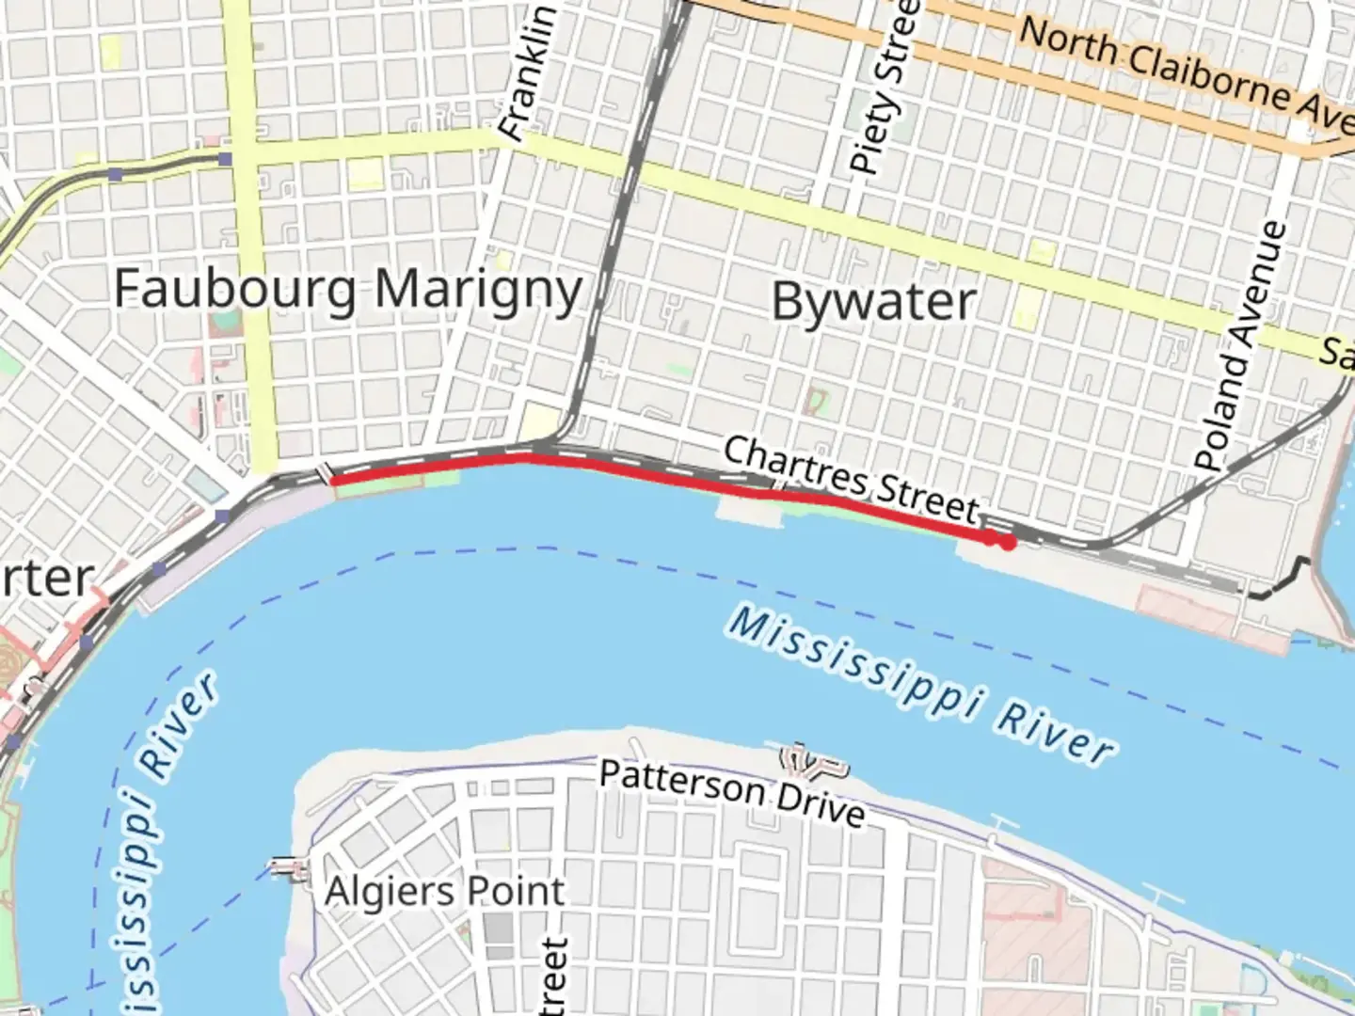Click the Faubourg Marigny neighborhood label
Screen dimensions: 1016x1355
(347, 289)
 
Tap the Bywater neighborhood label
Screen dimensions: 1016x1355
(874, 302)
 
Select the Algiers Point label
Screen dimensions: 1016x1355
(444, 892)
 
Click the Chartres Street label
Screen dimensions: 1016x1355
(851, 480)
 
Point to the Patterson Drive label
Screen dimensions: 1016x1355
(732, 793)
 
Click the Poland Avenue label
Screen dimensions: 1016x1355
(1241, 346)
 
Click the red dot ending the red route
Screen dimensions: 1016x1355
(1008, 543)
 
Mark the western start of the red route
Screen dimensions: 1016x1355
(333, 481)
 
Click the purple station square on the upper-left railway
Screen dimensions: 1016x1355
(225, 159)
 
